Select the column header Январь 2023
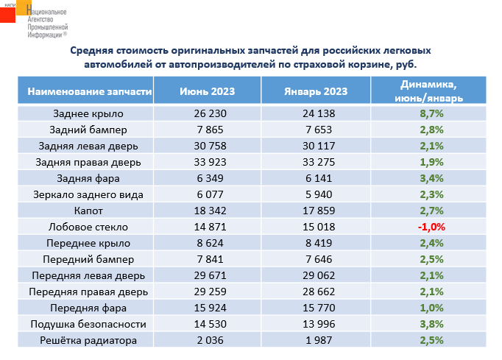pos(315,91)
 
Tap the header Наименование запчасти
pos(90,91)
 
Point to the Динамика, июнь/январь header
pos(429,91)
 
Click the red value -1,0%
pos(431,227)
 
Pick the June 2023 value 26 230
pos(209,113)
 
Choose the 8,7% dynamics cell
pos(431,113)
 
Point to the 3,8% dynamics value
pos(431,324)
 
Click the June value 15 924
pos(209,308)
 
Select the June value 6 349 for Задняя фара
pos(209,178)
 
